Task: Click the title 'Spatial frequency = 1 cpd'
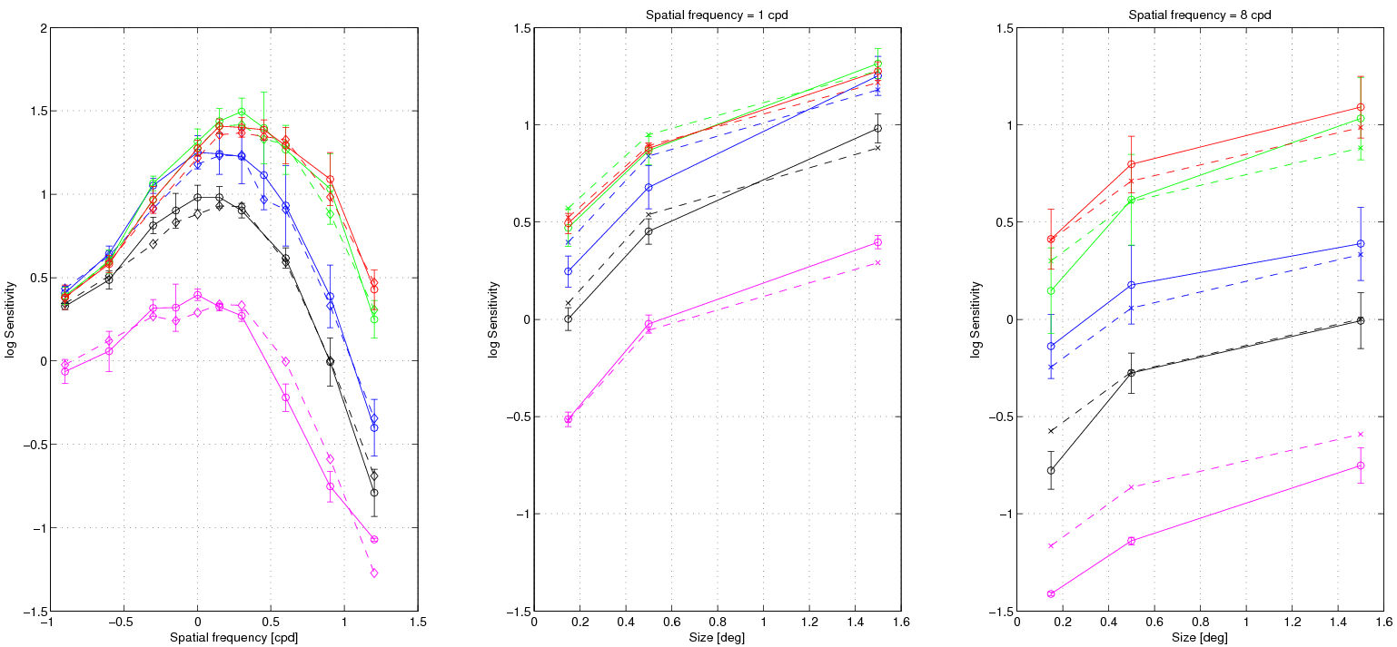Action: pos(718,15)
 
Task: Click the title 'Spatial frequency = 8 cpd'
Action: pos(1201,15)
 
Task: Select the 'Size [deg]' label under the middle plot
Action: pos(718,637)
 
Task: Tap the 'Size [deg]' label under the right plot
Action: pos(1201,637)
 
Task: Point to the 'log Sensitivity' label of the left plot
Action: pos(10,319)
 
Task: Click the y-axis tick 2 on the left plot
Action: pos(42,28)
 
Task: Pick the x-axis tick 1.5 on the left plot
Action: pos(419,622)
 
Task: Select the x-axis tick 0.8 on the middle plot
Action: pos(718,622)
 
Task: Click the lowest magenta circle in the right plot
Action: pos(1051,593)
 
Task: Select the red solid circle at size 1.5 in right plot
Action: pos(1361,107)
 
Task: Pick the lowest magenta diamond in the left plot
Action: pos(374,573)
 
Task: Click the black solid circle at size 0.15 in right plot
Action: pos(1051,470)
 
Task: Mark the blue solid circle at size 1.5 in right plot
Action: pos(1361,243)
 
